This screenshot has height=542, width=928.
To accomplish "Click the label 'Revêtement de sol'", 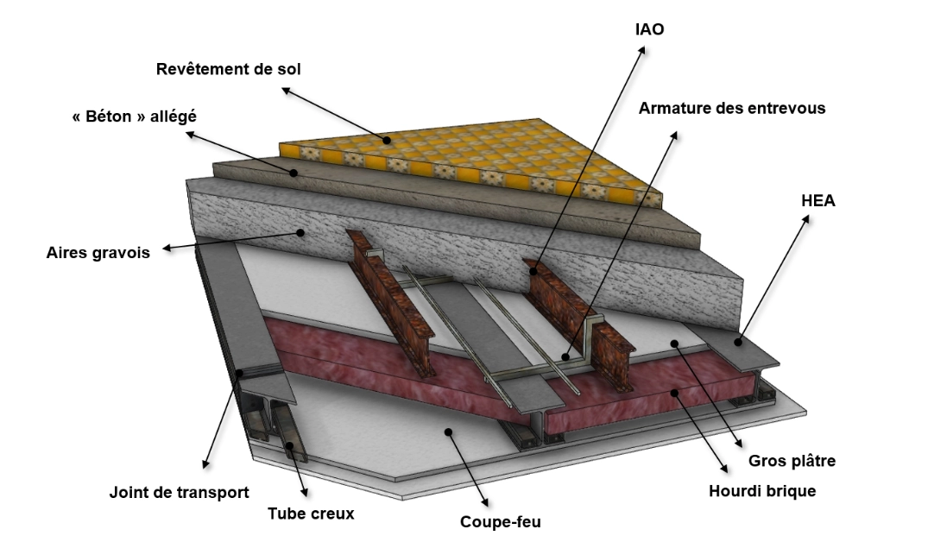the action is (229, 69).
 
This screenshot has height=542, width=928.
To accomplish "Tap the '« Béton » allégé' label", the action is (135, 116).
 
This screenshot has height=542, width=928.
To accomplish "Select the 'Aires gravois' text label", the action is (98, 253).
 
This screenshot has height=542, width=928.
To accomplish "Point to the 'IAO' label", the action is (650, 29).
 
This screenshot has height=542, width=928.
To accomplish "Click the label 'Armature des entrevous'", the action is (732, 108).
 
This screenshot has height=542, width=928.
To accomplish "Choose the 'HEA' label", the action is (818, 200).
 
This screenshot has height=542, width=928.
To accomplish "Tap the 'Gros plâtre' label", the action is (792, 461).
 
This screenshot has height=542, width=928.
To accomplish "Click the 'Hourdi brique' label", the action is (762, 491).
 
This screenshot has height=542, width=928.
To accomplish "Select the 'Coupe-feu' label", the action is (501, 522).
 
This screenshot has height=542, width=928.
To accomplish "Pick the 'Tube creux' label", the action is (311, 514).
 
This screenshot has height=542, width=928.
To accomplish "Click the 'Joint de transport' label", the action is (180, 492).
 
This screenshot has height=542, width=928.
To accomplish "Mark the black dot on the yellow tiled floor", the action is (387, 140).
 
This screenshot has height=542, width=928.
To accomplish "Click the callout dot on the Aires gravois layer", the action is (300, 232).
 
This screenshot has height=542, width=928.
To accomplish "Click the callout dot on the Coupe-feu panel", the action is (449, 432).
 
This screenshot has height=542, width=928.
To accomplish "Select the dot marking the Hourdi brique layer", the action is (673, 392).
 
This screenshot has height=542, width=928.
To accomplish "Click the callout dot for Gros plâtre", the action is (674, 343).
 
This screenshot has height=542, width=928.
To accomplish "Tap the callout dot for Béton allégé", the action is (294, 173).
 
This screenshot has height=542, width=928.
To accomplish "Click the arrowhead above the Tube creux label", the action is (304, 492).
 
